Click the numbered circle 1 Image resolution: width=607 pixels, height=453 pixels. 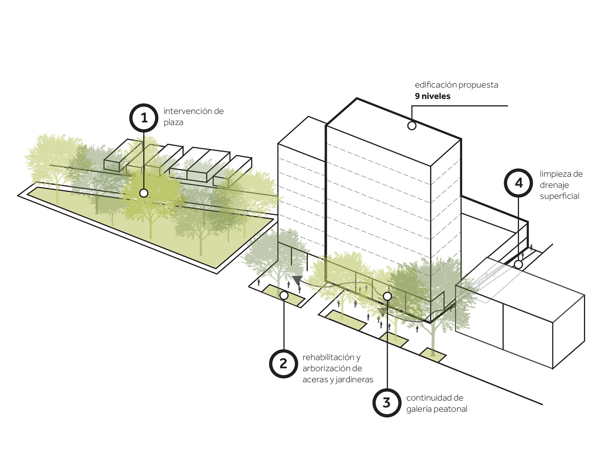point(144,118)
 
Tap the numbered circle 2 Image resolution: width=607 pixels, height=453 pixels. point(283,364)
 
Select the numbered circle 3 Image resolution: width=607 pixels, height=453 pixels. point(387,403)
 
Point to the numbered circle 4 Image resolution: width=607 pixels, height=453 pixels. point(518,183)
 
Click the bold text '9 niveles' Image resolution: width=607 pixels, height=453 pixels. point(432,96)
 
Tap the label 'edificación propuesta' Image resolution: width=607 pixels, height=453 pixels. point(456,85)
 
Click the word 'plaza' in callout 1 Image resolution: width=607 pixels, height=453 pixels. point(173,122)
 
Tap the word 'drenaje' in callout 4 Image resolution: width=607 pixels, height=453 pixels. point(554,185)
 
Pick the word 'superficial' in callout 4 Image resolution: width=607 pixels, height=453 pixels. point(559,196)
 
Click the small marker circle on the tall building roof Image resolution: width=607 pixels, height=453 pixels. point(412,126)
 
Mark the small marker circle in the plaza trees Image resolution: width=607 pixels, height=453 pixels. point(144,193)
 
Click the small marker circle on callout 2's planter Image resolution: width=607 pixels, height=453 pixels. point(284,295)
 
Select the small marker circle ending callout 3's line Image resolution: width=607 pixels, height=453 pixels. point(387,296)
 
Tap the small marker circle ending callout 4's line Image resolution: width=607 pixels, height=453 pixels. point(518,264)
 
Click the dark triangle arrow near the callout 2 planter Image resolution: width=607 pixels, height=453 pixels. point(297,280)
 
